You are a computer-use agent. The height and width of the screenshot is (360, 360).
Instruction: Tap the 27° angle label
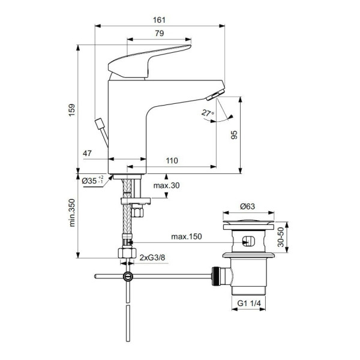coord(207,113)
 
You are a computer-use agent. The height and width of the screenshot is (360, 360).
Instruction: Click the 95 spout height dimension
coord(234,136)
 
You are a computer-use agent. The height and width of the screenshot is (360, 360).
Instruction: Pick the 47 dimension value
coord(87,155)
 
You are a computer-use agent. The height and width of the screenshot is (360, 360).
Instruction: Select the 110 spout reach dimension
coord(172,161)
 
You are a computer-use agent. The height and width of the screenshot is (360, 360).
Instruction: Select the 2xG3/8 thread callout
coord(152,257)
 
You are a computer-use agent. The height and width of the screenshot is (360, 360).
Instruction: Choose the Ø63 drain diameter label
coord(249,206)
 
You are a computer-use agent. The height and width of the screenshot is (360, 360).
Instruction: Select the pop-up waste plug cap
coord(248,225)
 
